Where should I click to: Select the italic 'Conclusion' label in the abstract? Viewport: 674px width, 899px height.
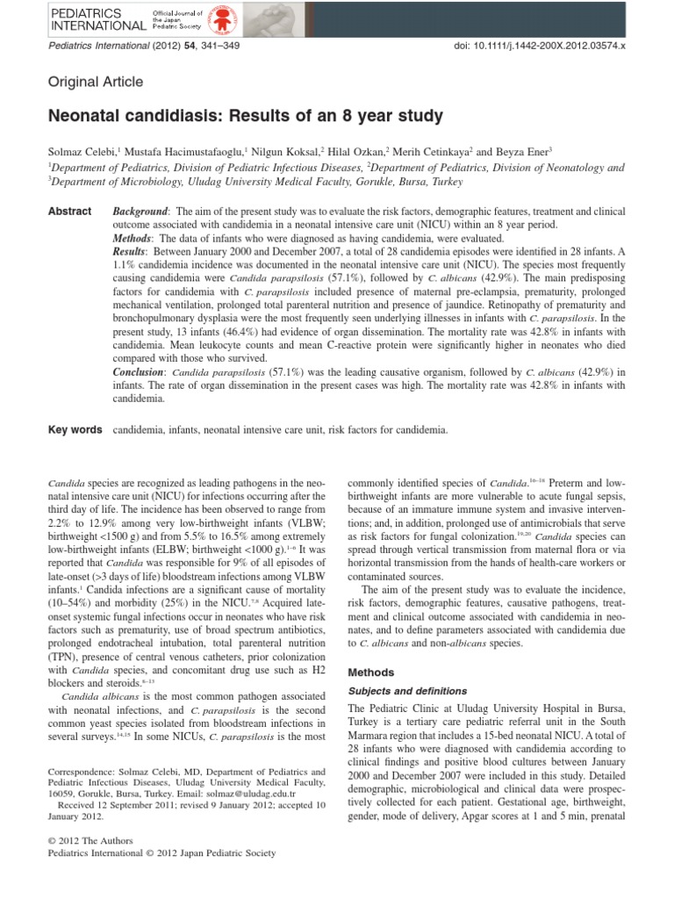(x=144, y=372)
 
